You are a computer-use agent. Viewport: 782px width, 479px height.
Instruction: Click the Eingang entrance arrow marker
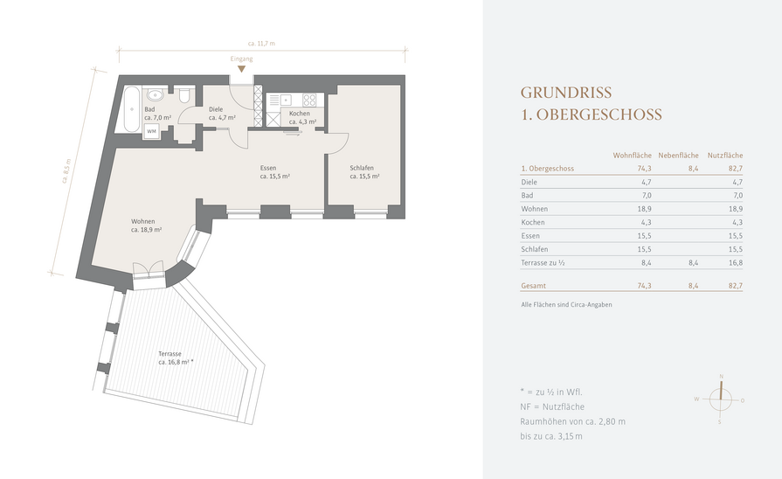pos(241,69)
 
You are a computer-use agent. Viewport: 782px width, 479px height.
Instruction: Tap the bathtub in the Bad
pos(132,110)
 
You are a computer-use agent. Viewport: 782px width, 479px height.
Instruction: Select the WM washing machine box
pos(152,131)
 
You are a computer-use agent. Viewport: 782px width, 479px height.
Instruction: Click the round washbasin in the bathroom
pos(156,94)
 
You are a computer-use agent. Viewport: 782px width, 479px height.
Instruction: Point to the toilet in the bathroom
pos(184,94)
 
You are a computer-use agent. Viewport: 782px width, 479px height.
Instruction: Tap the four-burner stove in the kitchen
pos(309,100)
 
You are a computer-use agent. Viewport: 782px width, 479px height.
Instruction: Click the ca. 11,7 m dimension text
pos(261,44)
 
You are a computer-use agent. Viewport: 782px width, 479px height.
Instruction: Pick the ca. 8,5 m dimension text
pos(66,171)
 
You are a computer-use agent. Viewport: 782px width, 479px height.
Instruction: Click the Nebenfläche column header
pos(678,156)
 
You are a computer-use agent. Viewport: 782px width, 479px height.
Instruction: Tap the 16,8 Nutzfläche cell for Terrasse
pos(736,263)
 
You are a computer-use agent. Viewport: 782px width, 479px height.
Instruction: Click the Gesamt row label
pos(533,286)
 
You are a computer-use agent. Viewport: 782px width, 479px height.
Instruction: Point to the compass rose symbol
pos(720,399)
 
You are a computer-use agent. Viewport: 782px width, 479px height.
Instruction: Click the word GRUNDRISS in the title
pos(566,93)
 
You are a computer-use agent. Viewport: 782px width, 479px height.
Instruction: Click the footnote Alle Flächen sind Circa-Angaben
pos(566,304)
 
